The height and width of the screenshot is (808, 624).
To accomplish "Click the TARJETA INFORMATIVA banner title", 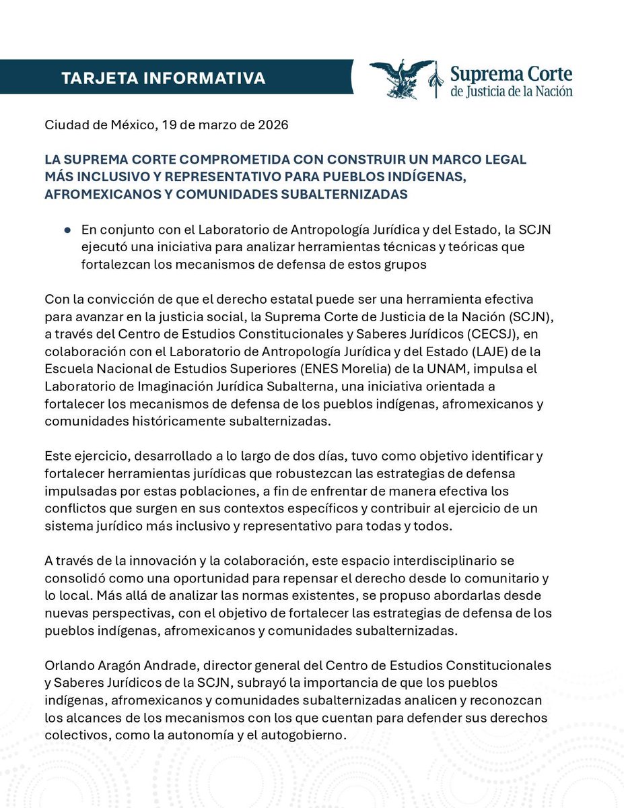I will point(163,78).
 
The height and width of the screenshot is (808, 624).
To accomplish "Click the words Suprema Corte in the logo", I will point(511,72).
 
